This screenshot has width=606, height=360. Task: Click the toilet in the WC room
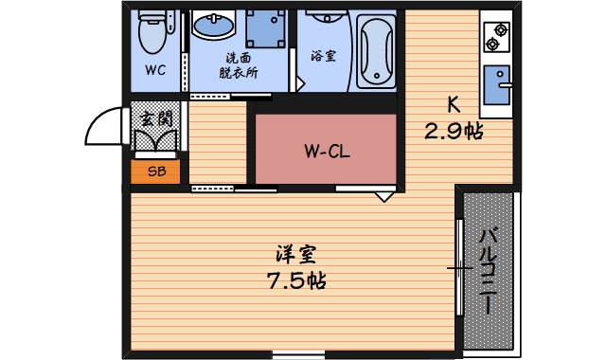click(151, 34)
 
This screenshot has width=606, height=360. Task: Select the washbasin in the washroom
click(216, 26)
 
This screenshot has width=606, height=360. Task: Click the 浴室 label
click(323, 56)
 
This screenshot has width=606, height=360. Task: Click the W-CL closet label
click(326, 150)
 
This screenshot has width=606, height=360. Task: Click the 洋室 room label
click(296, 254)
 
